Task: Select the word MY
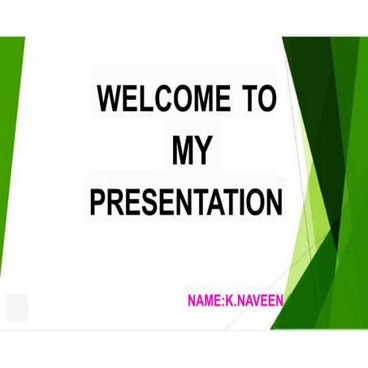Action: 192,149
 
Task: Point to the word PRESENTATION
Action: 186,201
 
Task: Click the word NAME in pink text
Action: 202,301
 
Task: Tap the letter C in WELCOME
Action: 160,98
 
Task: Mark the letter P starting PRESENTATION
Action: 97,201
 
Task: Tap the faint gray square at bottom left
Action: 17,307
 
